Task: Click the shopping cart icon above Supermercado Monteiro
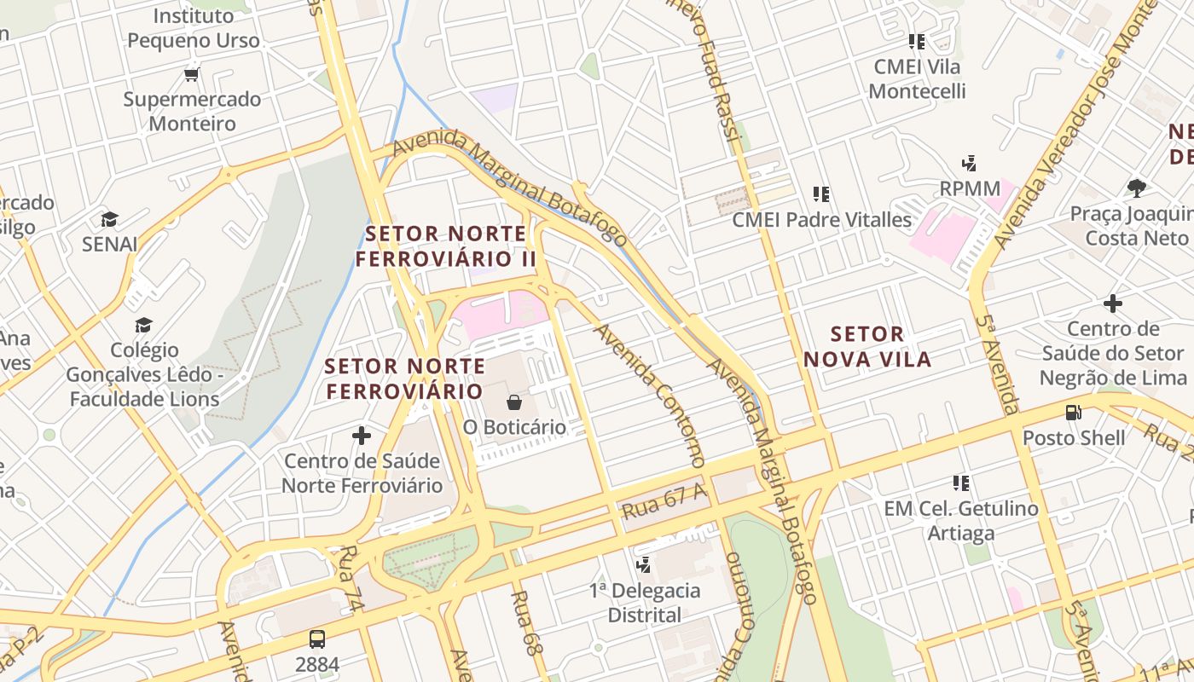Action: [192, 74]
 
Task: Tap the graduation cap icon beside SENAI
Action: [109, 220]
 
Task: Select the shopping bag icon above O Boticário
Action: [514, 402]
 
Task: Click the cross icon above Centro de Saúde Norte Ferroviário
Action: [362, 436]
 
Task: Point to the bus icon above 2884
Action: [316, 639]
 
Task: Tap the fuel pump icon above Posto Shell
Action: [1073, 413]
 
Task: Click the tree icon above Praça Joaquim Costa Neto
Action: [1136, 188]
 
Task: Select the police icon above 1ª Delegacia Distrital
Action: [645, 564]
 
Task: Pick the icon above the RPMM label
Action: [969, 163]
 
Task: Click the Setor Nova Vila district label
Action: [867, 346]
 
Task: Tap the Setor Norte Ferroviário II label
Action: [446, 246]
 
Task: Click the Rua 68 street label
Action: [527, 622]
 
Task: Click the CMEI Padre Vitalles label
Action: [822, 219]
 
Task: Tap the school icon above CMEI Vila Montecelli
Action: [917, 41]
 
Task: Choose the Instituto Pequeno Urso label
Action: [193, 28]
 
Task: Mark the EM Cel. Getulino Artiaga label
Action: [961, 521]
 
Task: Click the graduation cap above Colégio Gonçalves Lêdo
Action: [143, 325]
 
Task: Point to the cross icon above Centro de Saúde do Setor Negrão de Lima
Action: [1112, 303]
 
